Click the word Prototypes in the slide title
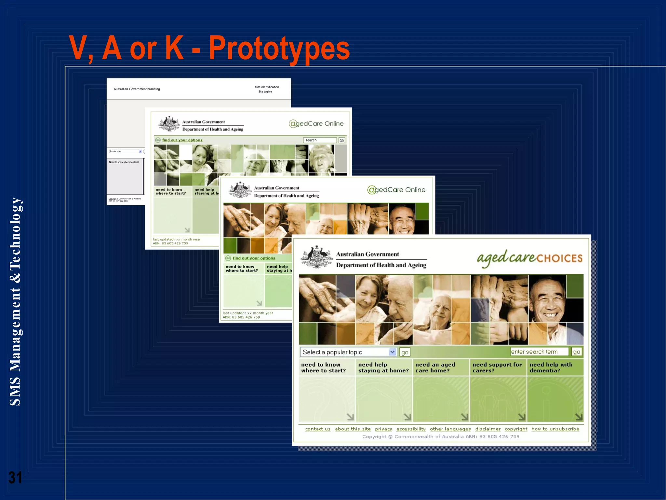pos(279,48)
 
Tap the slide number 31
pos(15,478)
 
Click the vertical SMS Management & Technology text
pos(15,301)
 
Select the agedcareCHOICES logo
pos(529,258)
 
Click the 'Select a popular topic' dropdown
pos(348,352)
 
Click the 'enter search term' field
pos(539,352)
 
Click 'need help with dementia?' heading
pos(551,368)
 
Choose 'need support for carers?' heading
pos(497,368)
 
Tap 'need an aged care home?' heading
pos(435,368)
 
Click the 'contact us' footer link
pos(318,429)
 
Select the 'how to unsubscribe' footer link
pos(555,429)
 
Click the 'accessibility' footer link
pos(411,429)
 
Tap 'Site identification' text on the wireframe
pos(267,87)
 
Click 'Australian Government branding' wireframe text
pos(137,89)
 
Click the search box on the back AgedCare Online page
pos(320,140)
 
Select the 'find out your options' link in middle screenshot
pos(254,258)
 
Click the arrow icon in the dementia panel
pos(579,417)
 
